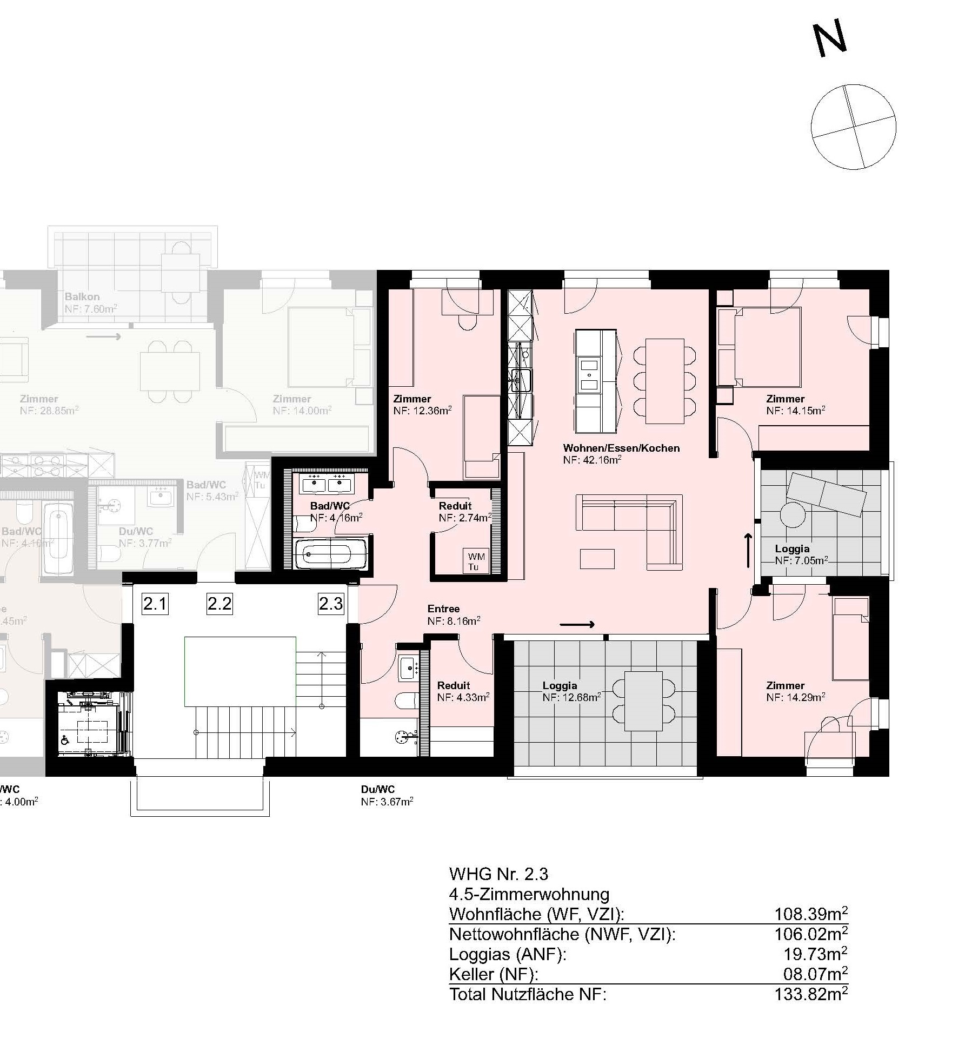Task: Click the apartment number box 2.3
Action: click(330, 603)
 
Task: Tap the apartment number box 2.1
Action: click(155, 603)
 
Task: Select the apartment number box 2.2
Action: click(219, 603)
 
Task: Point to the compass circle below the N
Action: click(854, 127)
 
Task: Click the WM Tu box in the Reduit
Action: click(476, 561)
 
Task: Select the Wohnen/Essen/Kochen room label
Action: click(621, 448)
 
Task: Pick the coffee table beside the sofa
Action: click(597, 559)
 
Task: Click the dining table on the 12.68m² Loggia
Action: click(643, 700)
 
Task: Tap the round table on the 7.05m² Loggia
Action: click(793, 514)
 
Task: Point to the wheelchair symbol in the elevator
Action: click(65, 741)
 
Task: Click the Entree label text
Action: click(443, 609)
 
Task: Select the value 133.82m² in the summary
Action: click(811, 994)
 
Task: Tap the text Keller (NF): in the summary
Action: click(494, 974)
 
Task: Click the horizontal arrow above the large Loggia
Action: click(577, 625)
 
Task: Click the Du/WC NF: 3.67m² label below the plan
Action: click(387, 796)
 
